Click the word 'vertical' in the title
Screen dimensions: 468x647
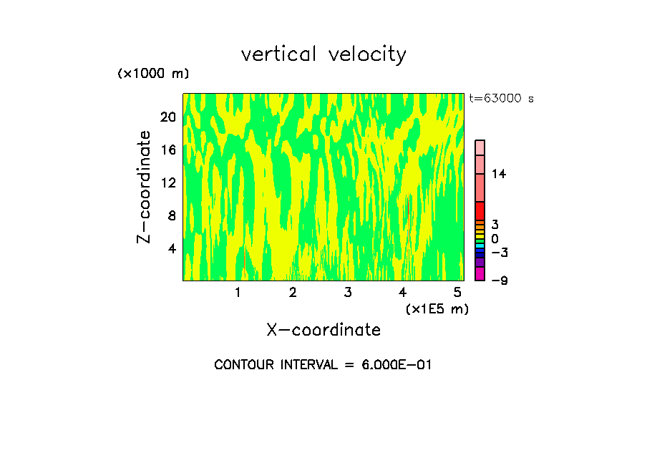pos(280,54)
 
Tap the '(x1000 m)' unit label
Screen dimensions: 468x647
pos(153,74)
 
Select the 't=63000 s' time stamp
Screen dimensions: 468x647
pos(501,99)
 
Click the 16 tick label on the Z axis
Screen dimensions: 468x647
pos(168,150)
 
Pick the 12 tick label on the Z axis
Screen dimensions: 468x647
pos(168,182)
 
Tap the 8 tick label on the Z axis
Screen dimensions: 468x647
pos(172,215)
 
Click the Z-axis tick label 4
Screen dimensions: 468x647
pos(172,248)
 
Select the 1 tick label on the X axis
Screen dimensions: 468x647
pos(238,292)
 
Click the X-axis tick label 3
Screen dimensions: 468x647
pos(348,292)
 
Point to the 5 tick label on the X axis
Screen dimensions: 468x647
pos(457,292)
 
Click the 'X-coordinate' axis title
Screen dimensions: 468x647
pos(323,330)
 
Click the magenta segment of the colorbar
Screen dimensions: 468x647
pos(480,273)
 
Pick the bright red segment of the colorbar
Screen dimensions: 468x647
pos(480,211)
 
